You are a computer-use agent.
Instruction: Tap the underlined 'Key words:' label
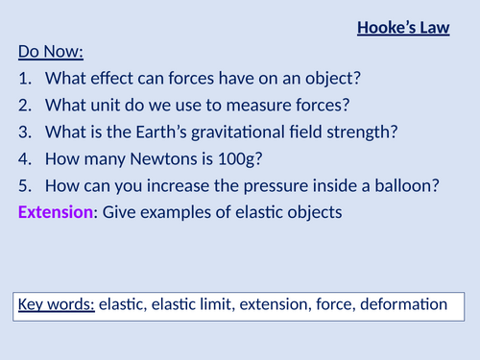(56, 305)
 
